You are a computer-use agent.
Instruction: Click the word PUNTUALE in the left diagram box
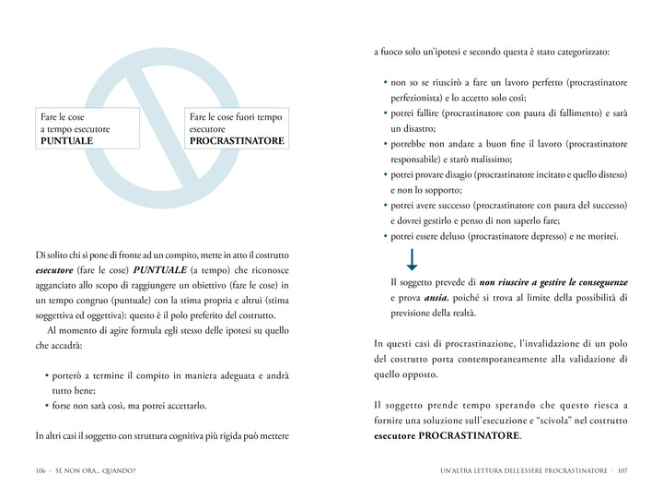pos(66,141)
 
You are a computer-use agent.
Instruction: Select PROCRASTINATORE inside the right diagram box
pos(237,141)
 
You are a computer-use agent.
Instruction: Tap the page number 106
pos(41,471)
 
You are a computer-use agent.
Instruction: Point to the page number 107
pos(622,471)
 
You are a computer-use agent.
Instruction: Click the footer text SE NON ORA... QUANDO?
pos(96,471)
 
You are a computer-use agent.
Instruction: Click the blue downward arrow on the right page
pos(412,259)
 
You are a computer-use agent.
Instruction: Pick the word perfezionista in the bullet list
pos(418,98)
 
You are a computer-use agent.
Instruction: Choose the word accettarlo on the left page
pos(181,405)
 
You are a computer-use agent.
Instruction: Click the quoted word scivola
pos(574,421)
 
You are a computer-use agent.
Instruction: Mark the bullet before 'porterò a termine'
pos(47,375)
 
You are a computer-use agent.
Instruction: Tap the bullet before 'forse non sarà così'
pos(47,405)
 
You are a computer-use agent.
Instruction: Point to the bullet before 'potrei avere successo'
pos(385,206)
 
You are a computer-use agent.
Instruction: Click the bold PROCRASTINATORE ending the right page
pos(469,435)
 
